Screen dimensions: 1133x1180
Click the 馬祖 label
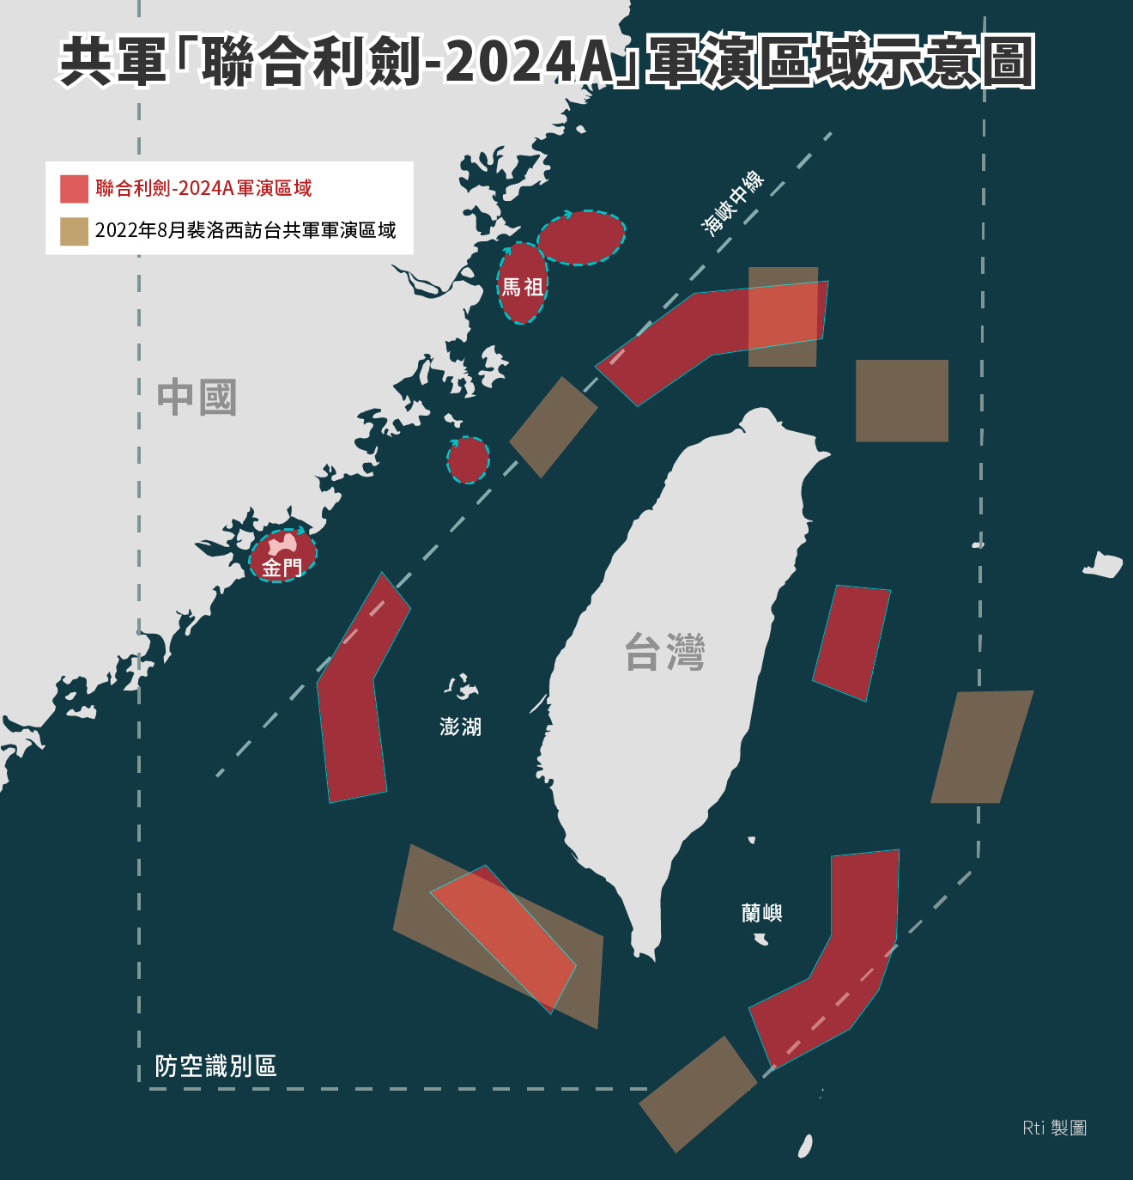(x=522, y=287)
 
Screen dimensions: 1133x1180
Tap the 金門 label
(x=282, y=568)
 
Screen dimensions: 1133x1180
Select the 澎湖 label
(x=461, y=727)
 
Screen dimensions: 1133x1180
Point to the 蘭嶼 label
(x=761, y=912)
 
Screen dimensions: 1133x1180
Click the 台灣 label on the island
(x=664, y=652)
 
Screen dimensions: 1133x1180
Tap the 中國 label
(x=197, y=398)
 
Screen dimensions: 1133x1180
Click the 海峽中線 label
(x=732, y=202)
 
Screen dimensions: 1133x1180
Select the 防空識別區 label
(x=215, y=1066)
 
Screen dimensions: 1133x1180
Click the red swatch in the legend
(x=74, y=189)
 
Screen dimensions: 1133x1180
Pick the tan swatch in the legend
(x=74, y=231)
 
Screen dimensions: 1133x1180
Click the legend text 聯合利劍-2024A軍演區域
(x=203, y=188)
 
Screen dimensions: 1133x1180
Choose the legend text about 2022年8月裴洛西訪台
(x=245, y=230)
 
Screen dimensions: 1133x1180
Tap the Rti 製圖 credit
(x=1054, y=1128)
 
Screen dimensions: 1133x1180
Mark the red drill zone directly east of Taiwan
(x=851, y=642)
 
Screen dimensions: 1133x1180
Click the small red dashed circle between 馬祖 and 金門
(x=468, y=459)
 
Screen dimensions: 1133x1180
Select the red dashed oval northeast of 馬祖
(x=582, y=237)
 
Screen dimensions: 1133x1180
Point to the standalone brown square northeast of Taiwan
(x=902, y=400)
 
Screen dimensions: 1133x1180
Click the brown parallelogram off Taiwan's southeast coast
(x=981, y=747)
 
